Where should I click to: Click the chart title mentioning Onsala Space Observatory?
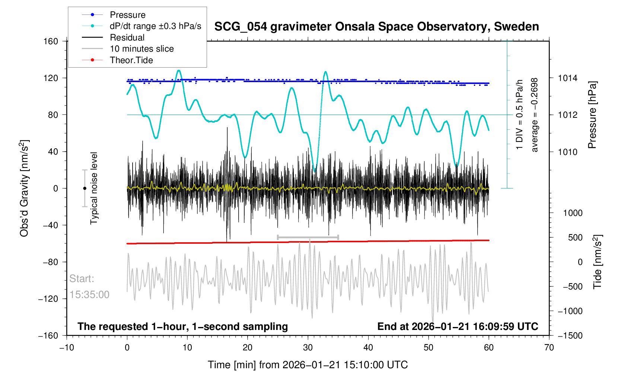(376, 27)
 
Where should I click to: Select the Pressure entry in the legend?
(127, 15)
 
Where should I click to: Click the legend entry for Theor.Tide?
(131, 60)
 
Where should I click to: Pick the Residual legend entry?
(127, 38)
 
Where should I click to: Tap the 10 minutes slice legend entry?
(141, 49)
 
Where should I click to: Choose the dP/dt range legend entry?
(155, 26)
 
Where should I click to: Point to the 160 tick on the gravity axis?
(51, 41)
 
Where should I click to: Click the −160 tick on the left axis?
(48, 336)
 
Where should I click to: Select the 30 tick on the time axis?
(308, 348)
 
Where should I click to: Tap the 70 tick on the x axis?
(549, 348)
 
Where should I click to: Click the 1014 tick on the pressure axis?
(567, 78)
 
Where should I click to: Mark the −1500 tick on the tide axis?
(570, 336)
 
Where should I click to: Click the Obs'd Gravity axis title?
(25, 188)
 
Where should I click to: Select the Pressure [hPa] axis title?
(592, 115)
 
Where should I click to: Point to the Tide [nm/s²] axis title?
(598, 262)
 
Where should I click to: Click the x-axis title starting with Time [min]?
(308, 365)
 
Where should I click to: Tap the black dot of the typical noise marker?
(85, 188)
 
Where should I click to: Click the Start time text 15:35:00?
(89, 295)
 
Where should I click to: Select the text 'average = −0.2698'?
(535, 115)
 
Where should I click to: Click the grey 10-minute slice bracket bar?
(308, 237)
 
